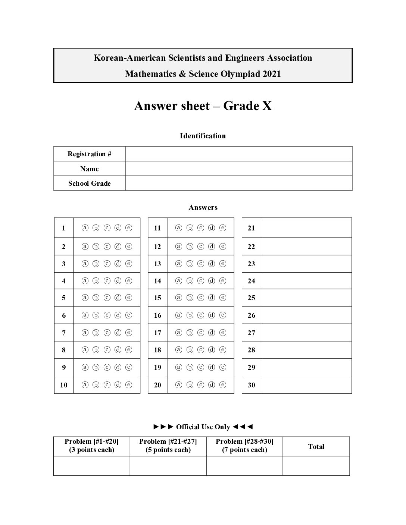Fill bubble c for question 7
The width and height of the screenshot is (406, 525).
coord(107,333)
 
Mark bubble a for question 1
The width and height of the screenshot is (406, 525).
coord(85,228)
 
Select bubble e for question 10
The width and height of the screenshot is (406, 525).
coord(129,385)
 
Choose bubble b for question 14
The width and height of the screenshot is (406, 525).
coord(190,281)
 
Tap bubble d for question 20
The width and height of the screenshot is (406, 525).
coord(212,385)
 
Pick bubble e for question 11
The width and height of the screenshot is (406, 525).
coord(223,228)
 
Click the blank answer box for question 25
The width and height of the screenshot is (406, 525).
coord(306,298)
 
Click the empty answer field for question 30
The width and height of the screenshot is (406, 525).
coord(306,385)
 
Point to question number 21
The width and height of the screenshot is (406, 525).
coord(251,228)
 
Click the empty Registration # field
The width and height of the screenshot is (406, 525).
coord(238,154)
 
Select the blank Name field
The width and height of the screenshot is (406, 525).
coord(238,169)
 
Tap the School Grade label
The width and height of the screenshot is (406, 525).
coord(90,183)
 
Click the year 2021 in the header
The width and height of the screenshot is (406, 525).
coord(271,74)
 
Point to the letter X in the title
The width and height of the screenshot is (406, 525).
coord(267,106)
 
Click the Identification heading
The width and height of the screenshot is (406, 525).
coord(203,136)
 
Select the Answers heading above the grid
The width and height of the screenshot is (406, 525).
coord(203,208)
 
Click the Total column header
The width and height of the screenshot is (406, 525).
coord(316,447)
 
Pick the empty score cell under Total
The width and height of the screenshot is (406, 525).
coord(316,466)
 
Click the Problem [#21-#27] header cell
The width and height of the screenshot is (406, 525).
coord(168,446)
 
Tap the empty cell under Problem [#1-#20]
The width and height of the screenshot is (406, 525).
coord(92,466)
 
